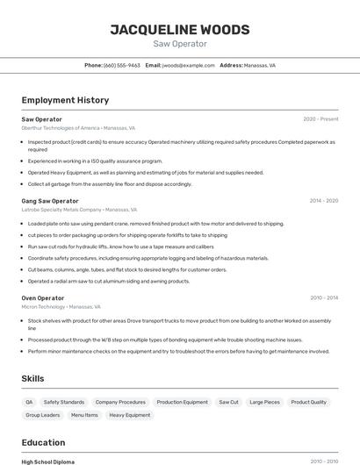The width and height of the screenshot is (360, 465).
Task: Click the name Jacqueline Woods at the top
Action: click(x=180, y=29)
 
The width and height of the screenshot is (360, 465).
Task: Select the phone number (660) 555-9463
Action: click(x=121, y=65)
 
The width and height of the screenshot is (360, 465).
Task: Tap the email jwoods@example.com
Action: click(x=189, y=65)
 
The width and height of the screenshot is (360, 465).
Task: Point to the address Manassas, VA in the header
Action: click(x=259, y=65)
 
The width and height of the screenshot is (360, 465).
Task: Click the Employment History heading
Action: click(x=65, y=100)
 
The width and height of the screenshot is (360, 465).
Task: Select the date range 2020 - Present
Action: click(x=320, y=118)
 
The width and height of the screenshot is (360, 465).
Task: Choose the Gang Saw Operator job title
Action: click(x=50, y=201)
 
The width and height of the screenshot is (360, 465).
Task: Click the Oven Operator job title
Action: click(x=42, y=298)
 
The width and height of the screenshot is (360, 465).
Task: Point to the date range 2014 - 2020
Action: click(x=323, y=201)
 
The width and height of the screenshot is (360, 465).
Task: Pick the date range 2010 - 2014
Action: click(x=323, y=298)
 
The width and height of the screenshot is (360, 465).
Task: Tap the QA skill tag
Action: click(x=29, y=402)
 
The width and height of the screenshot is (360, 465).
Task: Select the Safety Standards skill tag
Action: click(x=64, y=402)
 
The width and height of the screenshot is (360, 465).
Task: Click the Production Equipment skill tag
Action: click(x=183, y=402)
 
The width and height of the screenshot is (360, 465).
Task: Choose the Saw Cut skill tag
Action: click(x=228, y=402)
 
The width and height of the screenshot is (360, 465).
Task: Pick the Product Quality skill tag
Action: click(x=308, y=402)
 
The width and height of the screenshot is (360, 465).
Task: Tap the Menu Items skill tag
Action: click(x=84, y=415)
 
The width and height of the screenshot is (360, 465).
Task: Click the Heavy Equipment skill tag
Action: click(x=130, y=415)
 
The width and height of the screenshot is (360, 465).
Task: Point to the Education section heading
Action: click(x=43, y=442)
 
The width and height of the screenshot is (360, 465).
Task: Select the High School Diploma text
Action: click(x=47, y=461)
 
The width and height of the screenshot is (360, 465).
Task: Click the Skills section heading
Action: click(x=33, y=378)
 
